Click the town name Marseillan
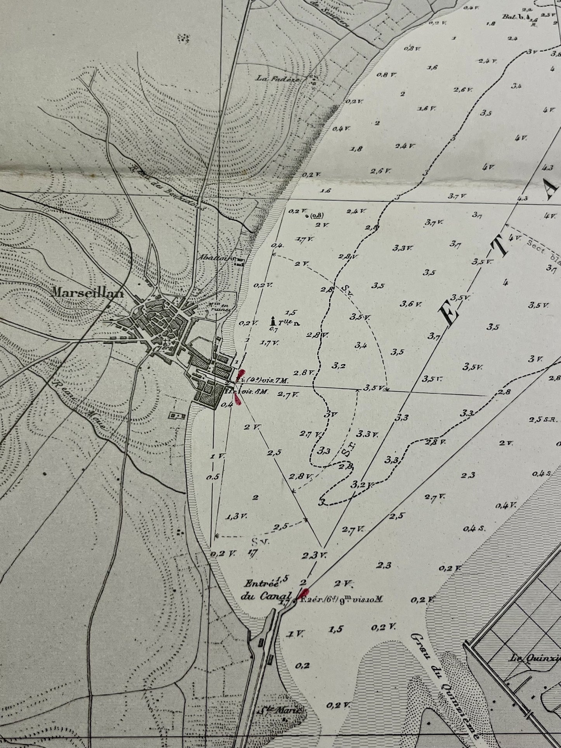(x=87, y=294)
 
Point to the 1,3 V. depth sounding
(x=236, y=516)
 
